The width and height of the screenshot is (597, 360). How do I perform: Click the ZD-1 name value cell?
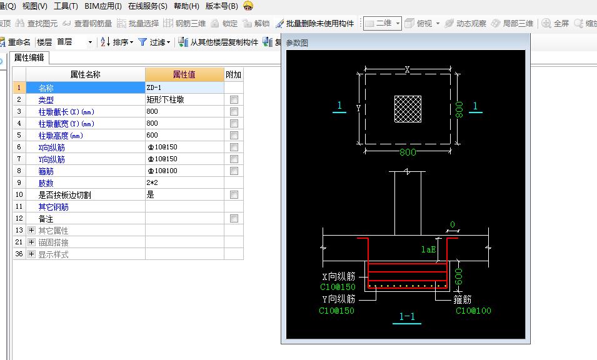click(184, 87)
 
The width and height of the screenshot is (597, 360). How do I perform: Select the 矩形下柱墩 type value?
click(165, 100)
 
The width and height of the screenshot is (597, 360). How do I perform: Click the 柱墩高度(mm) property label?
click(61, 136)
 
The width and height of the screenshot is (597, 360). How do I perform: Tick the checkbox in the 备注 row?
click(234, 218)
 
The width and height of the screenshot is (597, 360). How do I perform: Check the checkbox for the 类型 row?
click(234, 100)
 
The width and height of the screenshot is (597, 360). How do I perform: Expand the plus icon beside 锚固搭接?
click(32, 242)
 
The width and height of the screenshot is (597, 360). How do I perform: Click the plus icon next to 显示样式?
click(32, 254)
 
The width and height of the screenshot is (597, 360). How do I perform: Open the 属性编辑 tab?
click(29, 58)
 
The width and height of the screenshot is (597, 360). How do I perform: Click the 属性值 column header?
click(184, 74)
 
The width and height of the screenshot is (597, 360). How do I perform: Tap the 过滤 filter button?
click(154, 42)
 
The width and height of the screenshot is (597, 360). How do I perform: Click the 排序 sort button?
click(117, 42)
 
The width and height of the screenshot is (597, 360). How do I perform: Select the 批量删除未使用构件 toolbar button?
click(315, 24)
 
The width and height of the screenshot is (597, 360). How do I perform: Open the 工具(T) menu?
click(66, 6)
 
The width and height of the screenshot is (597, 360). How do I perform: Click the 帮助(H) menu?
click(186, 6)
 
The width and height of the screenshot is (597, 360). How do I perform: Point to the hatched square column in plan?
click(408, 109)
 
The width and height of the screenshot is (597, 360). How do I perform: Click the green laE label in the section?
click(428, 249)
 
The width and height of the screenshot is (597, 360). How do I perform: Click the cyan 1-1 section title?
click(406, 317)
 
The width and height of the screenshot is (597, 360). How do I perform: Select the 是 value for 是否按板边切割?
click(151, 195)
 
